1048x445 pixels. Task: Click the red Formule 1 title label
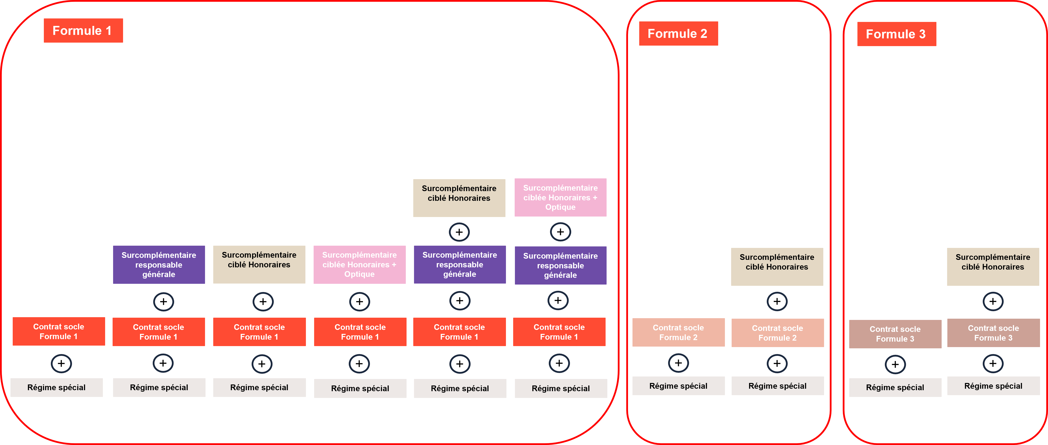click(x=83, y=30)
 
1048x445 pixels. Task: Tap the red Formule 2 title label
click(x=678, y=33)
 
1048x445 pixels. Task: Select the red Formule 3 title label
click(x=896, y=34)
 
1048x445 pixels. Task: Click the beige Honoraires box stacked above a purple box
click(x=459, y=198)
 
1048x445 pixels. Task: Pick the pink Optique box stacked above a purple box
click(x=560, y=197)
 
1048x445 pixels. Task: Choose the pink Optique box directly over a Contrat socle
click(x=359, y=264)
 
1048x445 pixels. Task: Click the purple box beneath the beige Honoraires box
click(x=459, y=264)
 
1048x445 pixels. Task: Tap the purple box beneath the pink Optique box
click(x=560, y=265)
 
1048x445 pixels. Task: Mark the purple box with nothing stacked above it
click(x=159, y=264)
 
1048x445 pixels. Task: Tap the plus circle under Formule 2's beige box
click(x=777, y=301)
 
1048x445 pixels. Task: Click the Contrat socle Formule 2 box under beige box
click(x=777, y=333)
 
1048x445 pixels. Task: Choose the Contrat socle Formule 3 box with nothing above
click(x=895, y=334)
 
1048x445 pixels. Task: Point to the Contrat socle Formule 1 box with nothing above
click(x=59, y=332)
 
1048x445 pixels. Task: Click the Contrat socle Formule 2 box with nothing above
click(x=678, y=332)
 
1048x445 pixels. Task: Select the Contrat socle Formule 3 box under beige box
click(x=993, y=333)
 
